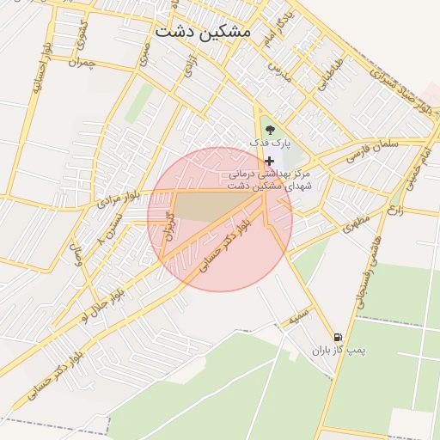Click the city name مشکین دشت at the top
click(203, 30)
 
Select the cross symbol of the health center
click(270, 161)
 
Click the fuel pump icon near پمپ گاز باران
click(336, 337)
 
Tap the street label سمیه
click(298, 317)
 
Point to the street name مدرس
click(280, 71)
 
